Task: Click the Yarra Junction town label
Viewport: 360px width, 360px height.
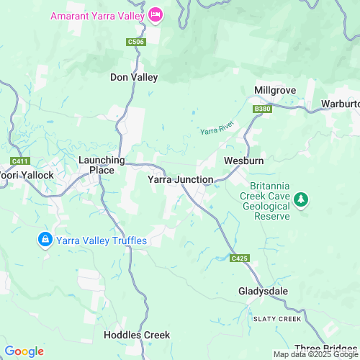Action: (180, 179)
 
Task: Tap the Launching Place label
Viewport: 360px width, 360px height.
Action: (102, 165)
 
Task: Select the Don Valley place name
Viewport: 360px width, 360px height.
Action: (133, 77)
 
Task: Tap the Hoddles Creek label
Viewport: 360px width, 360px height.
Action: (137, 335)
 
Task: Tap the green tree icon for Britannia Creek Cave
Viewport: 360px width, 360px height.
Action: (302, 199)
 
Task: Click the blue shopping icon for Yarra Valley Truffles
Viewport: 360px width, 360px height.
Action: (45, 240)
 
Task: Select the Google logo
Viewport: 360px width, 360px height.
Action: (24, 351)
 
